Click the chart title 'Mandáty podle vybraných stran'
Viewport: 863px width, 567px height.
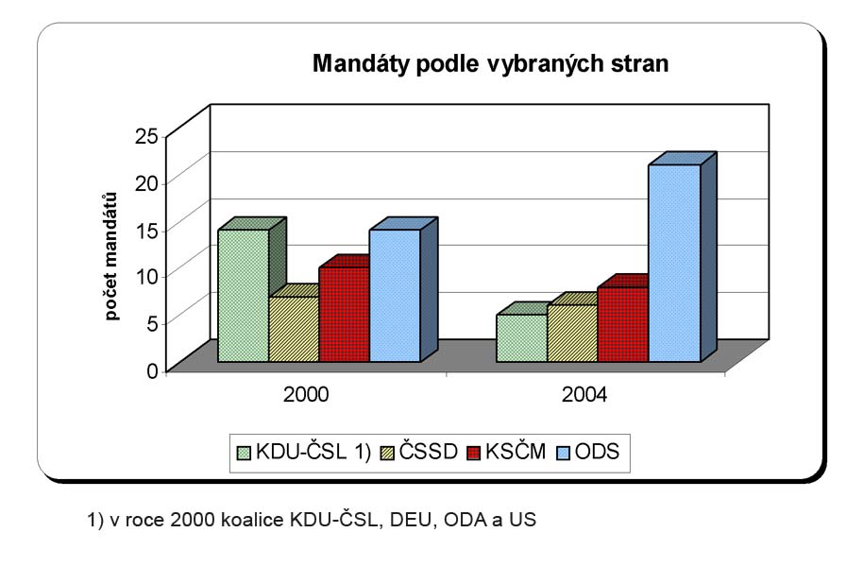pyautogui.click(x=491, y=65)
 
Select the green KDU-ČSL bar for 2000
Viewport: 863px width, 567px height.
pyautogui.click(x=243, y=295)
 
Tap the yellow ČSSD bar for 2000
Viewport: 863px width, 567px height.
pyautogui.click(x=294, y=329)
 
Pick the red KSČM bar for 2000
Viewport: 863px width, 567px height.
pyautogui.click(x=344, y=314)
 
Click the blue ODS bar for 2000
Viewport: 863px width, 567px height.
pyautogui.click(x=395, y=295)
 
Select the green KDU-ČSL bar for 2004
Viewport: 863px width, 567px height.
pyautogui.click(x=521, y=337)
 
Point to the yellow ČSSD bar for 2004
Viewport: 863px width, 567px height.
pyautogui.click(x=572, y=333)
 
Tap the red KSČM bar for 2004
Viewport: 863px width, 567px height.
pyautogui.click(x=623, y=324)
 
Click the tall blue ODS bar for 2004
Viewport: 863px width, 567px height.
pyautogui.click(x=674, y=263)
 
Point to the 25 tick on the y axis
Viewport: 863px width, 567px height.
pyautogui.click(x=146, y=135)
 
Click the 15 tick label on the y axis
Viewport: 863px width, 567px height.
pyautogui.click(x=146, y=229)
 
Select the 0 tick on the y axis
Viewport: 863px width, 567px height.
pyautogui.click(x=151, y=369)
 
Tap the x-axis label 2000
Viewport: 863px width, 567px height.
pyautogui.click(x=306, y=394)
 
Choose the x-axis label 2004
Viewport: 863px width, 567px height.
pyautogui.click(x=584, y=394)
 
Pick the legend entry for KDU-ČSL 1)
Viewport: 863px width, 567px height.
pyautogui.click(x=302, y=452)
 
